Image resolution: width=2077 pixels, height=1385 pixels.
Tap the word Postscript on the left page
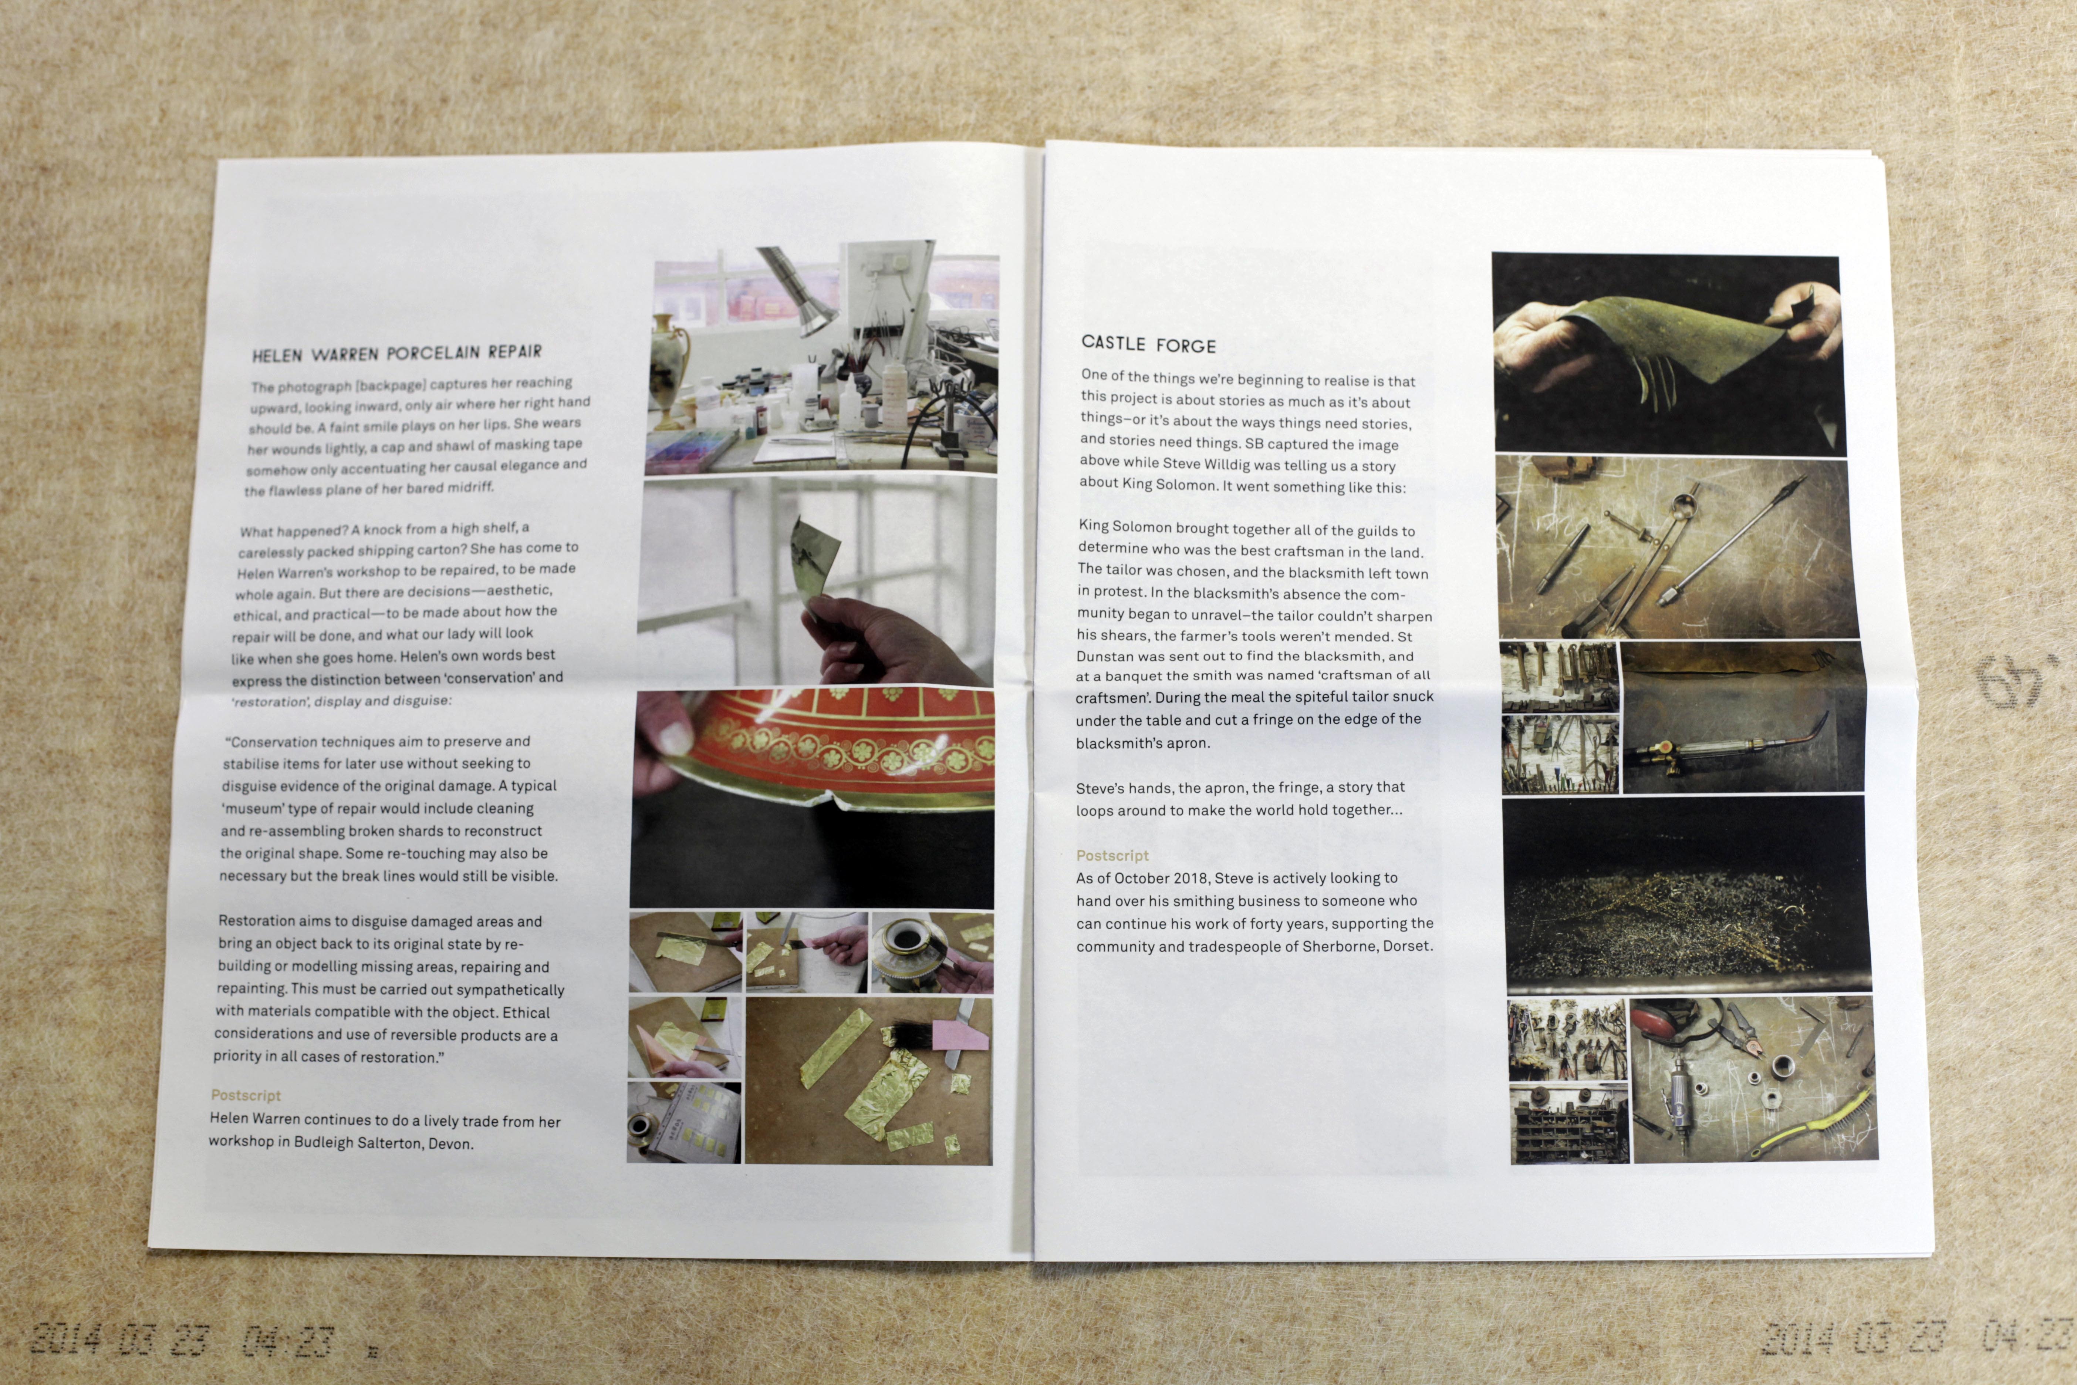(246, 1095)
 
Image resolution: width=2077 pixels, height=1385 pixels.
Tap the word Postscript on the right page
(1112, 855)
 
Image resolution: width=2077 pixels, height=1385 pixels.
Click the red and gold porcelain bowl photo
(813, 799)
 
